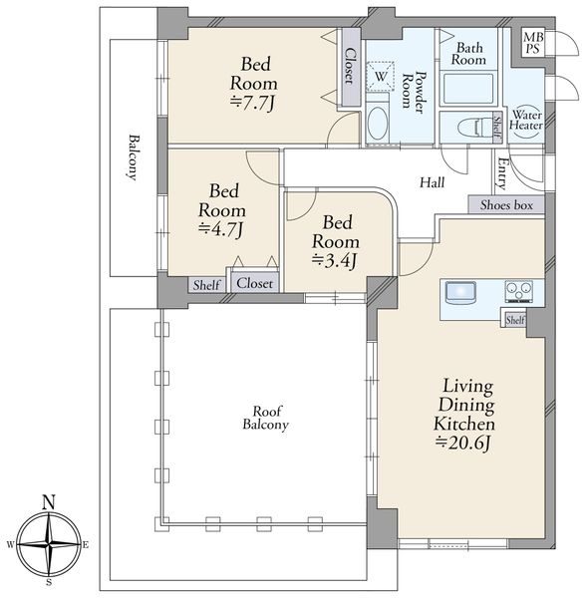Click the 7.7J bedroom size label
(x=252, y=103)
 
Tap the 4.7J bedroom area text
(x=221, y=229)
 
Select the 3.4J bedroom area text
(x=335, y=261)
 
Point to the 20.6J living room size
(x=463, y=444)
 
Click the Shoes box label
(x=506, y=205)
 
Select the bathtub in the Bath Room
(x=468, y=88)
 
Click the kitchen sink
(x=461, y=292)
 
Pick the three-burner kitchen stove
(x=519, y=292)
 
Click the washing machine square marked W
(x=380, y=76)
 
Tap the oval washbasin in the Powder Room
(x=378, y=124)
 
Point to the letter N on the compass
(x=49, y=502)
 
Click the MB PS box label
(x=533, y=43)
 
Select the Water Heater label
(x=526, y=120)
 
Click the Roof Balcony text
(x=266, y=418)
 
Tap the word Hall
(x=432, y=182)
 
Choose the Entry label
(x=501, y=173)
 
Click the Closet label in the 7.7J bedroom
(x=349, y=66)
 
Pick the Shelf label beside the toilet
(x=497, y=126)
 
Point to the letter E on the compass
(x=86, y=545)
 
